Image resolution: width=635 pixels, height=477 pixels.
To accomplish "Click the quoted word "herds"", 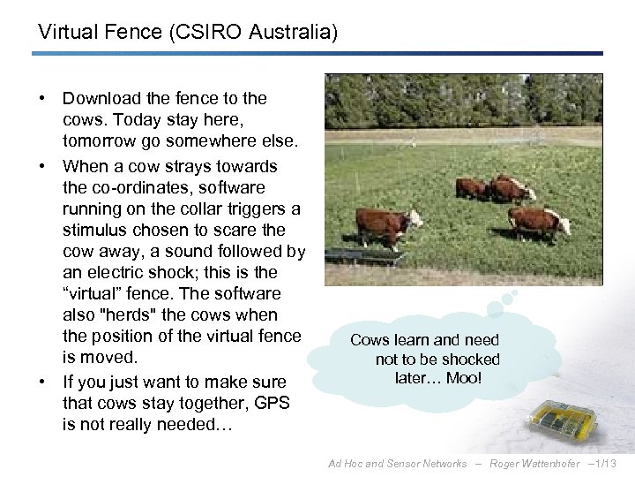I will click(131, 314).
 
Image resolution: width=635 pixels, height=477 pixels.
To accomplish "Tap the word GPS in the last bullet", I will click(272, 403).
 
